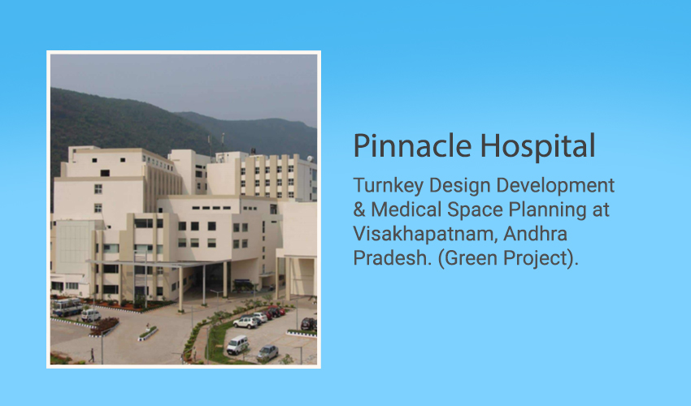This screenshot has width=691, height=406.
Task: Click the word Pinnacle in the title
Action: click(412, 146)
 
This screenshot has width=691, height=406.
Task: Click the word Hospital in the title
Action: click(537, 146)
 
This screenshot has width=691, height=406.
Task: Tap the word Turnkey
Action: click(389, 185)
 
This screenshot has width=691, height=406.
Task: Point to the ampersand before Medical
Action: click(359, 209)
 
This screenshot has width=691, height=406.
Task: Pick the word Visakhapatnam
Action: click(426, 234)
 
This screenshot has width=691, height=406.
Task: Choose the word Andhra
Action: click(535, 233)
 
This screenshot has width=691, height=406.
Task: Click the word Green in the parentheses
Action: click(471, 258)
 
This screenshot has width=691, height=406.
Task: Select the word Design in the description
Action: click(458, 185)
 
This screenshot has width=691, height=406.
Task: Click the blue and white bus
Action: click(67, 307)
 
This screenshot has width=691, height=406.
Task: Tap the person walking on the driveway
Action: click(92, 356)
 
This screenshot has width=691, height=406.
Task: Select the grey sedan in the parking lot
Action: click(267, 352)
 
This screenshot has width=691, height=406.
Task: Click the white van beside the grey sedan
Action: click(237, 344)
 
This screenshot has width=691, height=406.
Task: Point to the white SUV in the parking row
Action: click(246, 322)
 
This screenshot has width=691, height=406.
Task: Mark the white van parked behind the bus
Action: click(91, 315)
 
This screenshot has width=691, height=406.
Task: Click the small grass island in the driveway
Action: click(148, 333)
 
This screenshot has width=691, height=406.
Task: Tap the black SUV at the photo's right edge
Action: click(309, 324)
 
